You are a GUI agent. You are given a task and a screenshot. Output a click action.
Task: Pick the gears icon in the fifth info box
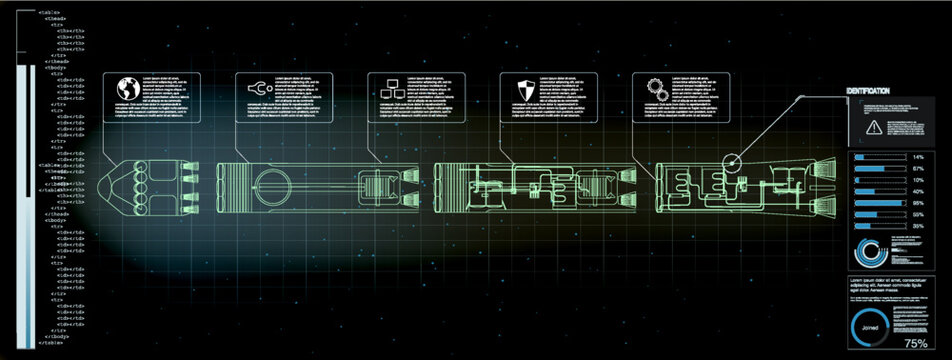pyautogui.click(x=656, y=88)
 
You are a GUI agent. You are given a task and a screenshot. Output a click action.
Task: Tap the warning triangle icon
pyautogui.click(x=874, y=126)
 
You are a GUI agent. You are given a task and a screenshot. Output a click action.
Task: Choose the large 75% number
pyautogui.click(x=916, y=343)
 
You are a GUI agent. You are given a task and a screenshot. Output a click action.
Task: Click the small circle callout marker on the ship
pyautogui.click(x=732, y=160)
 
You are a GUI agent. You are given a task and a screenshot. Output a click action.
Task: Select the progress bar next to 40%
pyautogui.click(x=877, y=192)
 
